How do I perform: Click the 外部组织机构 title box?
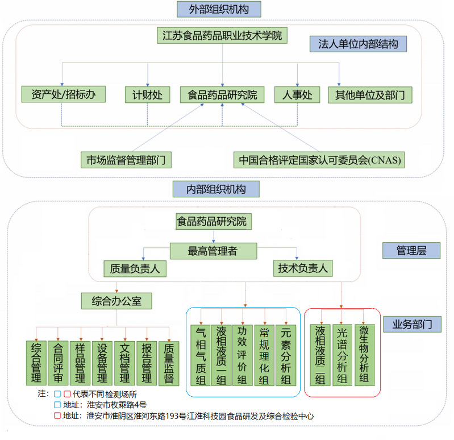click(219, 9)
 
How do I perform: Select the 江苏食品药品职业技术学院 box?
click(222, 35)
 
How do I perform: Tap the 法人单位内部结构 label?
click(358, 44)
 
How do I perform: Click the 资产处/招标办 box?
click(64, 94)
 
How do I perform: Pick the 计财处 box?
click(147, 95)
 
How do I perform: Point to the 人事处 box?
click(297, 95)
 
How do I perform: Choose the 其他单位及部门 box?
click(370, 95)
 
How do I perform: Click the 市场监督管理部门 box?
click(126, 160)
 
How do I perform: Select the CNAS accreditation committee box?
click(319, 160)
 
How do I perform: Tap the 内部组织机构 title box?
click(216, 189)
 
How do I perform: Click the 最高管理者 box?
click(214, 251)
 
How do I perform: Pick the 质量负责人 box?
click(135, 268)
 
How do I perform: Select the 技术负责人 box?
click(303, 268)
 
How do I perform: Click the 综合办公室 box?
click(116, 301)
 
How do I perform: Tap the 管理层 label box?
click(411, 251)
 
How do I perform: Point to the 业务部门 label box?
click(413, 324)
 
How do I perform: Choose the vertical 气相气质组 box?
click(201, 355)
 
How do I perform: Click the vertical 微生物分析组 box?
click(365, 355)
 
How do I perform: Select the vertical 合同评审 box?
click(58, 363)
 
